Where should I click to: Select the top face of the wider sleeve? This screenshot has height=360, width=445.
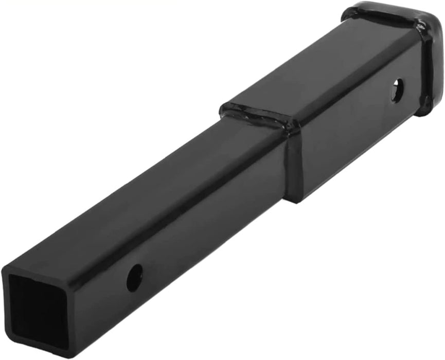(329, 67)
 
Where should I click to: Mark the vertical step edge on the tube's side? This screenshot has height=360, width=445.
(291, 165)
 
